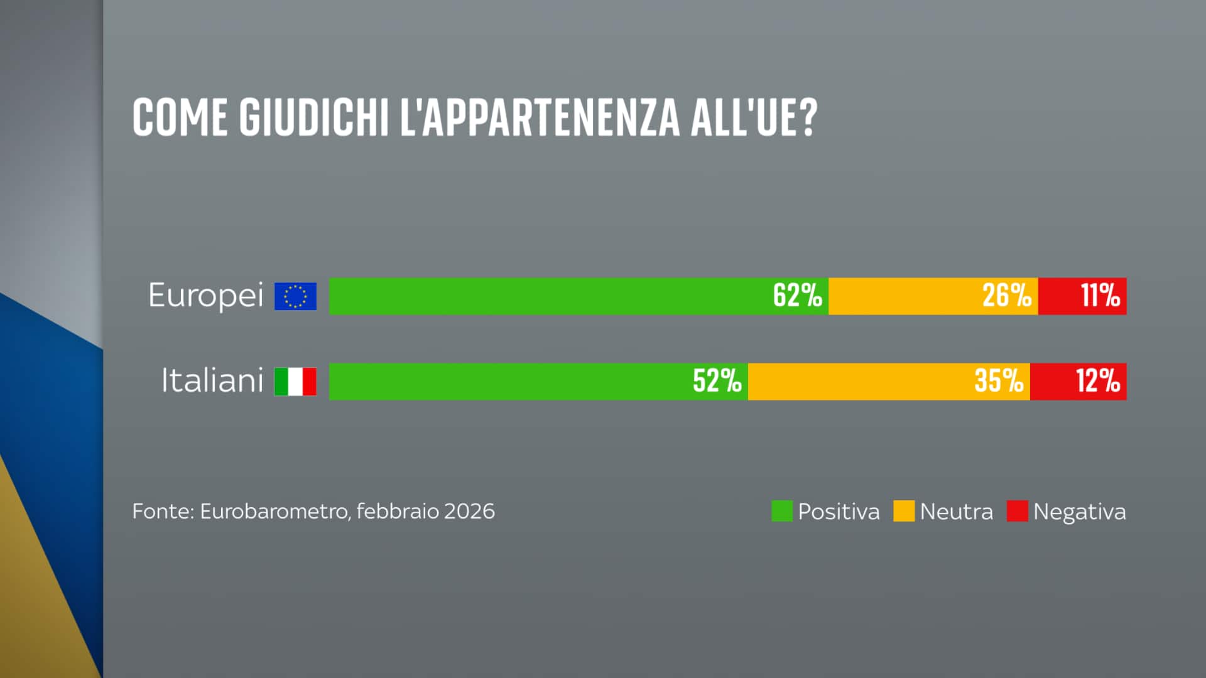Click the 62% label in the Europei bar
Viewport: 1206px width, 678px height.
pyautogui.click(x=797, y=296)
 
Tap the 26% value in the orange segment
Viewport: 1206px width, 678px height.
pyautogui.click(x=1006, y=296)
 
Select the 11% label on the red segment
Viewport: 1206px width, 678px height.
pyautogui.click(x=1100, y=296)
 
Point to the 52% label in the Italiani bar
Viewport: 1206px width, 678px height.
pyautogui.click(x=717, y=381)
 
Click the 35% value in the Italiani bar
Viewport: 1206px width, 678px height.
pyautogui.click(x=999, y=381)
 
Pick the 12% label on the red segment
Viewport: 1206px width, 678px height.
pyautogui.click(x=1097, y=381)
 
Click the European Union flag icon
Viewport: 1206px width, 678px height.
pyautogui.click(x=295, y=296)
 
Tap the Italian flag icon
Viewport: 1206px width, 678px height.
pyautogui.click(x=295, y=382)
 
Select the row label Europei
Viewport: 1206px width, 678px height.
pyautogui.click(x=205, y=295)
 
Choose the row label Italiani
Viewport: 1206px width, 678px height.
pyautogui.click(x=212, y=380)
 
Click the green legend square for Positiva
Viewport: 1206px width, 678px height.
pyautogui.click(x=781, y=511)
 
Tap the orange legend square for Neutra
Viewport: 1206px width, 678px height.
pyautogui.click(x=903, y=511)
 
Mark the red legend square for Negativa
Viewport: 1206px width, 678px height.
pyautogui.click(x=1017, y=511)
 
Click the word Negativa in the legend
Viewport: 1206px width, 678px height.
pyautogui.click(x=1079, y=512)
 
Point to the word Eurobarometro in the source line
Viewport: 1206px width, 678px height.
pyautogui.click(x=274, y=512)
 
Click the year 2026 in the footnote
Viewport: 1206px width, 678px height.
pyautogui.click(x=469, y=512)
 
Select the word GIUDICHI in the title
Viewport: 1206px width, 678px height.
pyautogui.click(x=313, y=117)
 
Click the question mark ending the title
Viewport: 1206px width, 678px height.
pyautogui.click(x=808, y=117)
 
